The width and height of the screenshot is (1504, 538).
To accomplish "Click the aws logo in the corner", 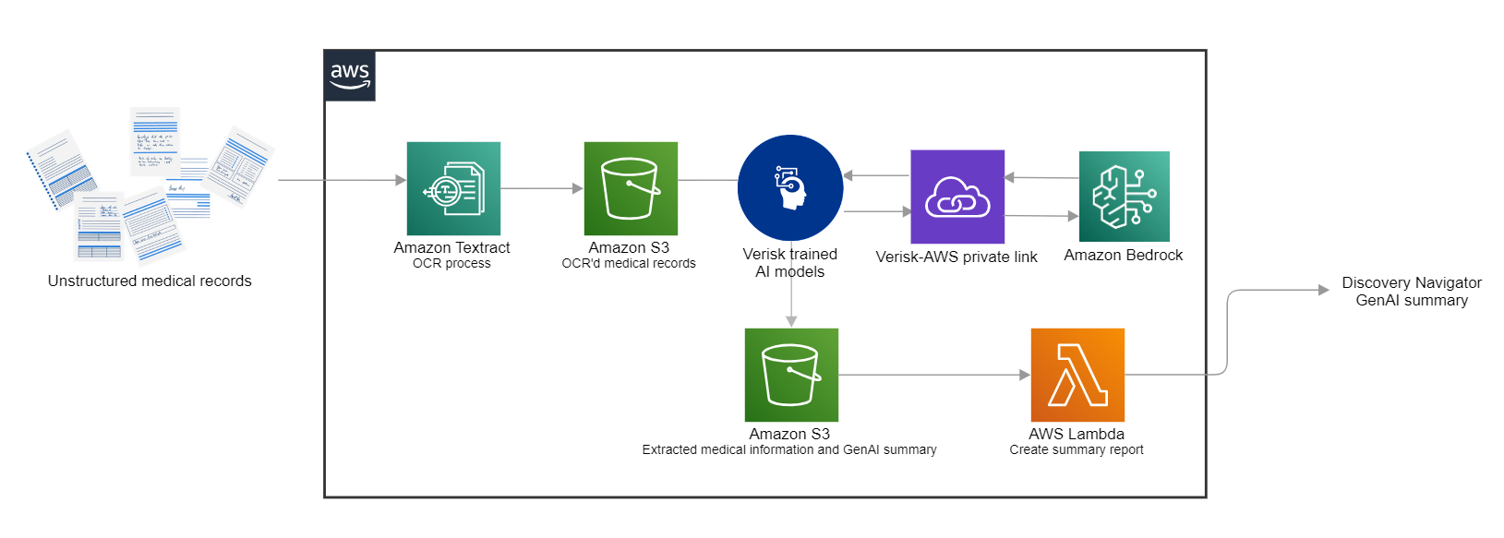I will click(350, 76).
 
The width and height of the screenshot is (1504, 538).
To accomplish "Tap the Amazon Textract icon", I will click(453, 188).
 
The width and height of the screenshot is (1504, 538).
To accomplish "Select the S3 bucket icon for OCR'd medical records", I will click(631, 188).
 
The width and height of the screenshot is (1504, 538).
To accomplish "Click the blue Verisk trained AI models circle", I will click(790, 187).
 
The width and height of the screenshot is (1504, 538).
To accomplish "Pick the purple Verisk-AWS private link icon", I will click(957, 197).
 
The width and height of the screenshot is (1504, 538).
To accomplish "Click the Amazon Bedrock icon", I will click(1124, 197).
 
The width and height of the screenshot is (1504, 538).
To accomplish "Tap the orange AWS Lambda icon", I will click(1077, 375).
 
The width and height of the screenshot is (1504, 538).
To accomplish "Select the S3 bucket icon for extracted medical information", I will click(791, 375).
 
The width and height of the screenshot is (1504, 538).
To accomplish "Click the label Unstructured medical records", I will click(150, 281).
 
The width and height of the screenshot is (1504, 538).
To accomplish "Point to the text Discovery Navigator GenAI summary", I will click(1411, 291).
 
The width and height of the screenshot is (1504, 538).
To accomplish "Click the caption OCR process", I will click(451, 264).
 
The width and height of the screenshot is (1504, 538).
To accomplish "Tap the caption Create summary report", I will click(1076, 449).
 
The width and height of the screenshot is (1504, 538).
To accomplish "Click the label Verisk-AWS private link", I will click(956, 257).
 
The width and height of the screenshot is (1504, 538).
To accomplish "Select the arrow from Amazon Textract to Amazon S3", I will click(542, 188).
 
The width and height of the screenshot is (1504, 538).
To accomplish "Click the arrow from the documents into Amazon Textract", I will click(342, 180).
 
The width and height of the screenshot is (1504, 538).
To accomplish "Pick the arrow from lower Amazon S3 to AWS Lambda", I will click(932, 375).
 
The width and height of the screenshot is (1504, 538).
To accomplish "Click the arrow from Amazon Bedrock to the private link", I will click(1041, 177).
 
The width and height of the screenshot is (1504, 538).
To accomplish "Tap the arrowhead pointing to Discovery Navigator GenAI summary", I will click(1323, 290).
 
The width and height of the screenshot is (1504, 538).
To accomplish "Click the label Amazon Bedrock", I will click(1123, 255).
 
